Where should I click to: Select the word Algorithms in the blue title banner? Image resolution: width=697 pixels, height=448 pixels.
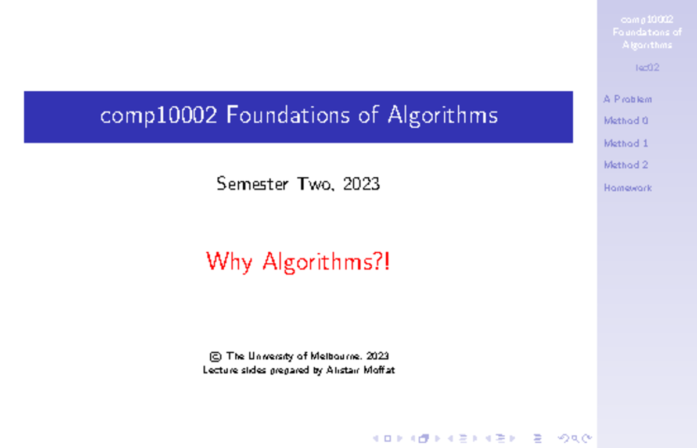click(x=443, y=116)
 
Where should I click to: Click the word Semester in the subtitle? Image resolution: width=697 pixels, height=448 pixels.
click(x=253, y=185)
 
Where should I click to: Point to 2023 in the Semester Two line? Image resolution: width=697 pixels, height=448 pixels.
click(x=361, y=185)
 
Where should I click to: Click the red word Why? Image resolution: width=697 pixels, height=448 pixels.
click(x=229, y=262)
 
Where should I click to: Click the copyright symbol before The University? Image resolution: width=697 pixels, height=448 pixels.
click(x=215, y=356)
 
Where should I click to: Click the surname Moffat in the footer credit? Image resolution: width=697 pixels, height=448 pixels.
click(x=379, y=370)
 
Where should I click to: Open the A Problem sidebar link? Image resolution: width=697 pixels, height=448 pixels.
click(x=627, y=99)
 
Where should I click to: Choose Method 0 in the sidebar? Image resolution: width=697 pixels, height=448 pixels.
click(x=626, y=121)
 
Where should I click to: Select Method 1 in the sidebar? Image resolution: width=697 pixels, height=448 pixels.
click(x=626, y=144)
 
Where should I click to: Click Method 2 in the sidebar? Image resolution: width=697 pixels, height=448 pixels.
click(x=626, y=166)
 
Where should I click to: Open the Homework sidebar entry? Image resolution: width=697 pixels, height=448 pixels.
click(x=628, y=188)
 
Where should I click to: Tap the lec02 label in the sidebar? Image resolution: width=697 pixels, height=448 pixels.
click(x=647, y=67)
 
